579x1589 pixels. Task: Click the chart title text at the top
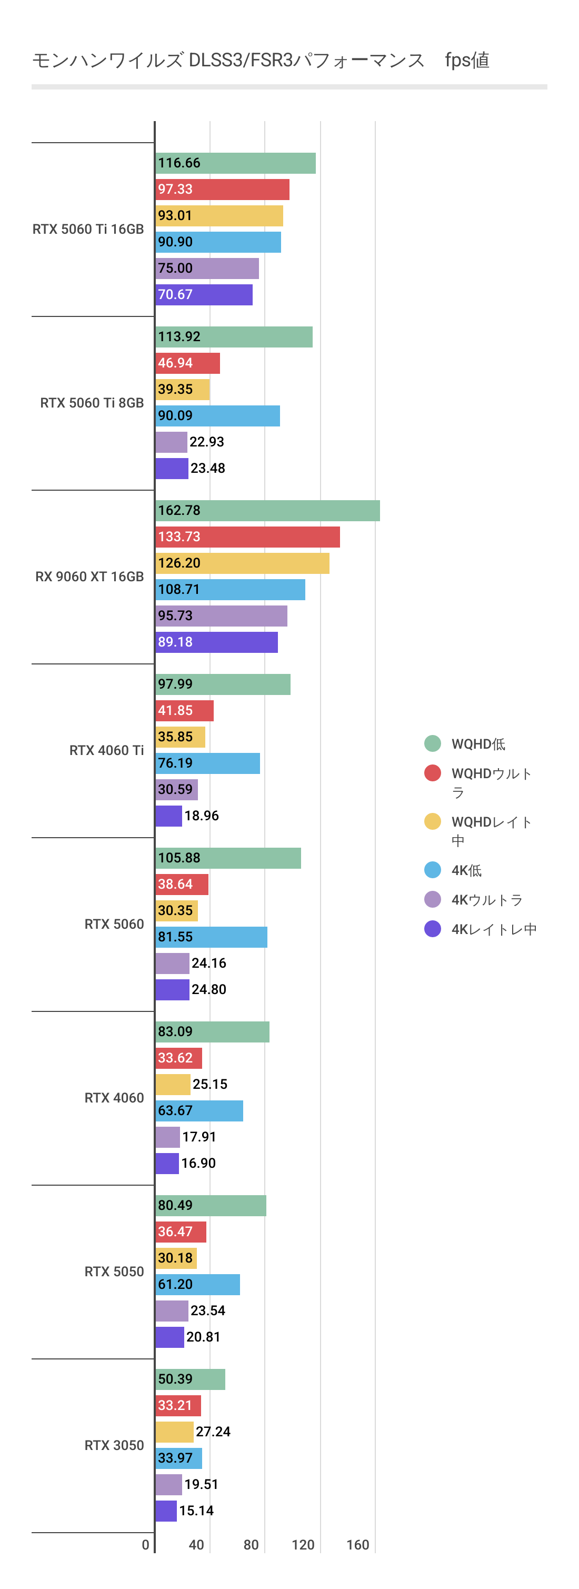coord(260,61)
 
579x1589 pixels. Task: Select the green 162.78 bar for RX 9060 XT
coord(267,511)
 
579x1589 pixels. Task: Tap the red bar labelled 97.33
coord(223,190)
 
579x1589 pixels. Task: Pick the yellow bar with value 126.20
coord(242,563)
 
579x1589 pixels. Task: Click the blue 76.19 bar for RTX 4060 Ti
coord(208,763)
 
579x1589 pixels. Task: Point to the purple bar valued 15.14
coord(166,1511)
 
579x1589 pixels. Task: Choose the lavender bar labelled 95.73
coord(222,615)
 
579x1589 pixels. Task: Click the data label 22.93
coord(206,442)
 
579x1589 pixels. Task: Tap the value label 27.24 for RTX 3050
coord(213,1432)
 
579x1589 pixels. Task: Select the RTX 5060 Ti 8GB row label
coord(92,403)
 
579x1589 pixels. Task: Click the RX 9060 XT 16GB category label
coord(89,577)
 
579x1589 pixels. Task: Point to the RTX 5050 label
coord(114,1272)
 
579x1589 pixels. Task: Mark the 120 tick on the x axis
coord(303,1545)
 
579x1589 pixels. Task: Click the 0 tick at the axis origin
coord(145,1545)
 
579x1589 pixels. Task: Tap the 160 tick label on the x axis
coord(357,1545)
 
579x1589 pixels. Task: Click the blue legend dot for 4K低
coord(432,870)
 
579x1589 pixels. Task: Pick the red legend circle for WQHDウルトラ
coord(432,773)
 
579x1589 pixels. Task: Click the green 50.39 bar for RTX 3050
coord(191,1379)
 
